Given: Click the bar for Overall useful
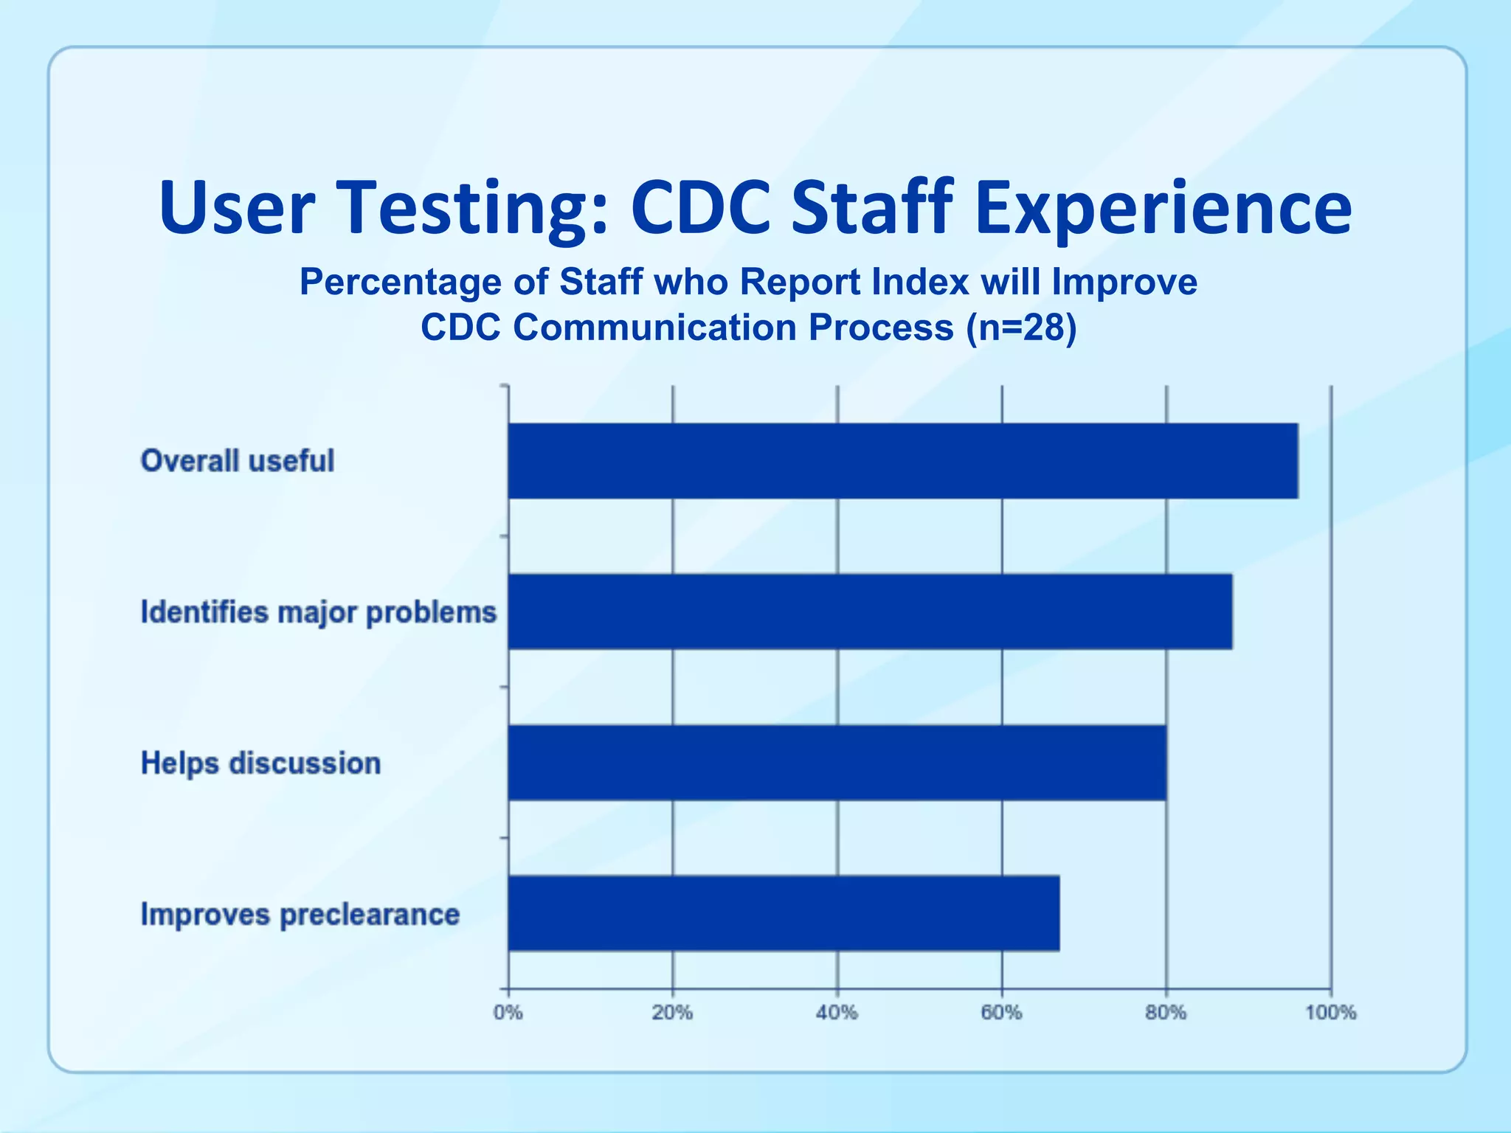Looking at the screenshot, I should (x=902, y=461).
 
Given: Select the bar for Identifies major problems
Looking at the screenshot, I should (x=870, y=611).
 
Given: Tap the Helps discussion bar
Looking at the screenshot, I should (x=837, y=763).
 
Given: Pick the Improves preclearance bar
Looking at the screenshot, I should (x=784, y=913).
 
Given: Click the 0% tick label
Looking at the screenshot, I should (x=508, y=1013).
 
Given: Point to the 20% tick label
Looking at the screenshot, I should (x=672, y=1013).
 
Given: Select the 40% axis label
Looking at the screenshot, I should (x=837, y=1013).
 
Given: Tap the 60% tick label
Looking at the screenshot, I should (x=1001, y=1013).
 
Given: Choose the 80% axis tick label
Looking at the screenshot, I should (x=1166, y=1013).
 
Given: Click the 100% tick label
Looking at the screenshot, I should (x=1331, y=1013).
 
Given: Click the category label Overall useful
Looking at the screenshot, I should (x=238, y=461).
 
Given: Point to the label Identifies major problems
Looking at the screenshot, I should (x=319, y=612).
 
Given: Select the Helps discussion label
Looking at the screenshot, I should (x=260, y=763).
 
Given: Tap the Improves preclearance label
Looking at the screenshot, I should (x=300, y=915).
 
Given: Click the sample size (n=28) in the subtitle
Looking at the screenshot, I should (x=1021, y=328).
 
